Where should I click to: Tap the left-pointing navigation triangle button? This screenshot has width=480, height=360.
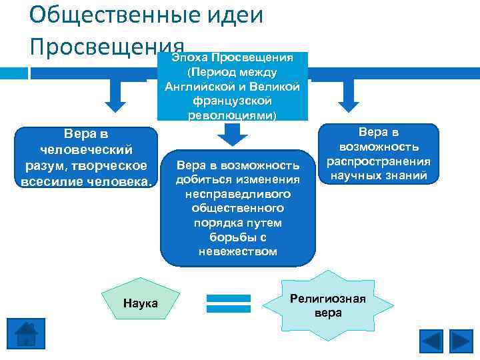pos(431,341)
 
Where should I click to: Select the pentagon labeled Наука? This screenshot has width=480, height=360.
pos(140,304)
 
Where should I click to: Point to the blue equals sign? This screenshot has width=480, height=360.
pos(229,303)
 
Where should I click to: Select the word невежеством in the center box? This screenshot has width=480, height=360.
pos(237,251)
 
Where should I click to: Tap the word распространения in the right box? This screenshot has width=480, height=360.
pos(378,161)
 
